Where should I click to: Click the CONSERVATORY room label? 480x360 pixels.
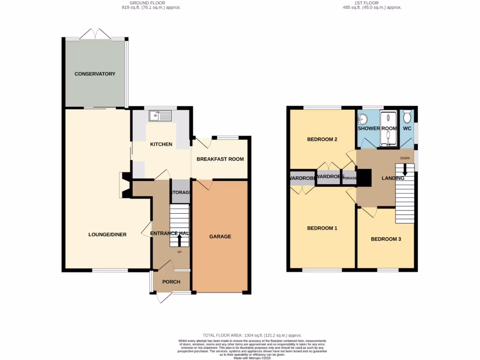[x=95, y=74]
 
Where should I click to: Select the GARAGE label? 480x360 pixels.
[x=220, y=237]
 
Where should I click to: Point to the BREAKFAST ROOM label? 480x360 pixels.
[x=220, y=159]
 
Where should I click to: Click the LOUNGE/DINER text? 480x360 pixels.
[x=107, y=234]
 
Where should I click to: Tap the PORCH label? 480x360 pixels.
[x=171, y=282]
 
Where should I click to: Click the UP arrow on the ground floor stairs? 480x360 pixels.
[x=179, y=240]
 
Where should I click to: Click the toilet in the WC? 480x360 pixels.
[x=407, y=115]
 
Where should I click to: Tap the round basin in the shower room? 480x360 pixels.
[x=363, y=118]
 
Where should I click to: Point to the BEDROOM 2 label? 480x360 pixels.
[x=322, y=140]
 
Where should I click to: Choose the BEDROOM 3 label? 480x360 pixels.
[x=386, y=239]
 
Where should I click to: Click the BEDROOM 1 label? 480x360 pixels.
[x=322, y=228]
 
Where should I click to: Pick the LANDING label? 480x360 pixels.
[x=393, y=178]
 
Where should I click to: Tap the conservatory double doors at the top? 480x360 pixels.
[x=95, y=34]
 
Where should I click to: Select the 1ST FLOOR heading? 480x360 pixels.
[x=373, y=3]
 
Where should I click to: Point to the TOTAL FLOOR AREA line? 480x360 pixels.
[x=252, y=335]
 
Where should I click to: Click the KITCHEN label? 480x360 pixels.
[x=161, y=144]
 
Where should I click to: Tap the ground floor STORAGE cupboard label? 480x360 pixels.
[x=180, y=193]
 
